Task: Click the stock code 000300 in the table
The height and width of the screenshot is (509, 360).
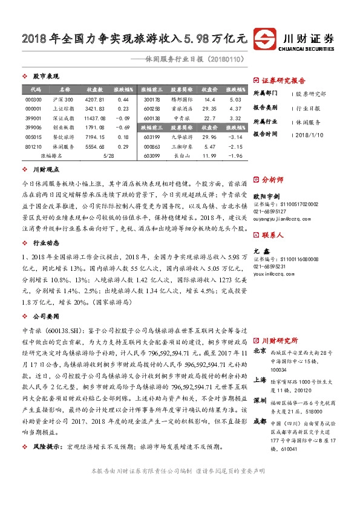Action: tap(33, 99)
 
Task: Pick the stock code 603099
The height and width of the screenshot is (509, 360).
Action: tap(152, 155)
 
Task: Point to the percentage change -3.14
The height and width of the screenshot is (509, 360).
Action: tap(235, 137)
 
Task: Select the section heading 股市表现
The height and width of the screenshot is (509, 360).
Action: tap(45, 77)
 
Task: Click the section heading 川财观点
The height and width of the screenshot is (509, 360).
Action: tap(45, 171)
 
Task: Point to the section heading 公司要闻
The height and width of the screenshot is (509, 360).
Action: tap(45, 316)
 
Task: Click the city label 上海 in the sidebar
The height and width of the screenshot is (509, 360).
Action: tap(259, 380)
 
